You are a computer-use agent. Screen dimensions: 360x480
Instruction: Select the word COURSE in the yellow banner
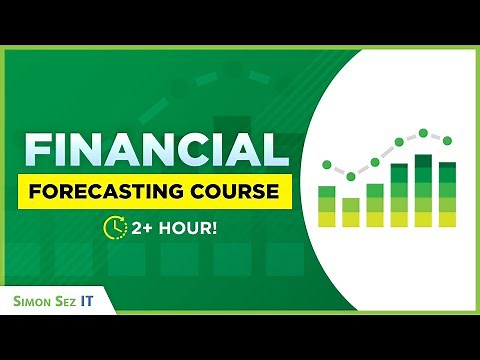pos(234,191)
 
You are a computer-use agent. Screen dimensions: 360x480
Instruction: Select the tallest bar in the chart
pos(423,190)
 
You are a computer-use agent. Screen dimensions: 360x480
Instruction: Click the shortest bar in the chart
pos(351,212)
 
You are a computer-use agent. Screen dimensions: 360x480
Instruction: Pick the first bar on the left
pos(326,205)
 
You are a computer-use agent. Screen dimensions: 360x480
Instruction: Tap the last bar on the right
pos(447,194)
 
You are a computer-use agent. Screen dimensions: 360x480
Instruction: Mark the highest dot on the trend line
pos(423,132)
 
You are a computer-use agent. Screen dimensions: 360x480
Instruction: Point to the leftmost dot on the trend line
pos(326,161)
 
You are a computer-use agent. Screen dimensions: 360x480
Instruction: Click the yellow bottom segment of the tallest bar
pos(423,218)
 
